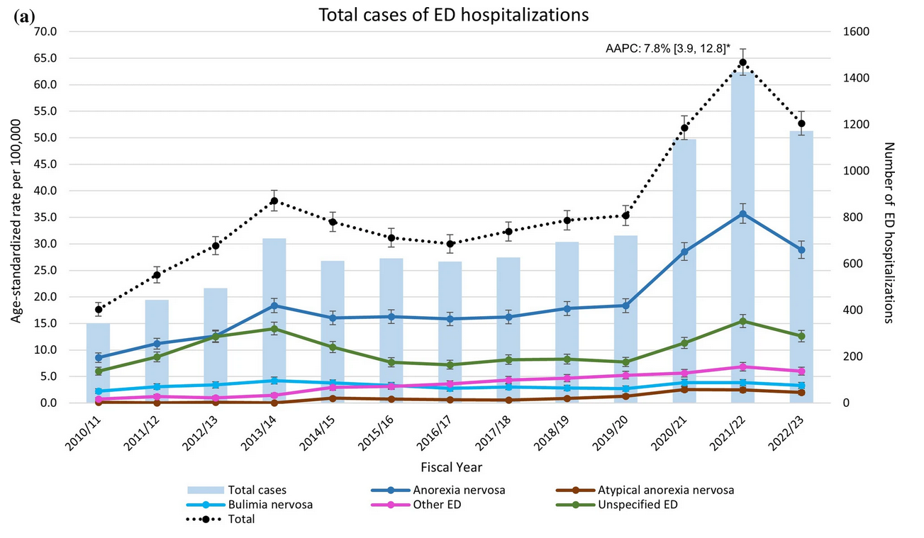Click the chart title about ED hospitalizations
454,15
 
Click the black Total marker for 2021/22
743,62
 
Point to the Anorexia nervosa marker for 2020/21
684,252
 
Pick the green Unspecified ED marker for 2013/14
274,329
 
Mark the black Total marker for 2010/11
99,309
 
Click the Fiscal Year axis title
452,467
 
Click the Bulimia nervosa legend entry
269,505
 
